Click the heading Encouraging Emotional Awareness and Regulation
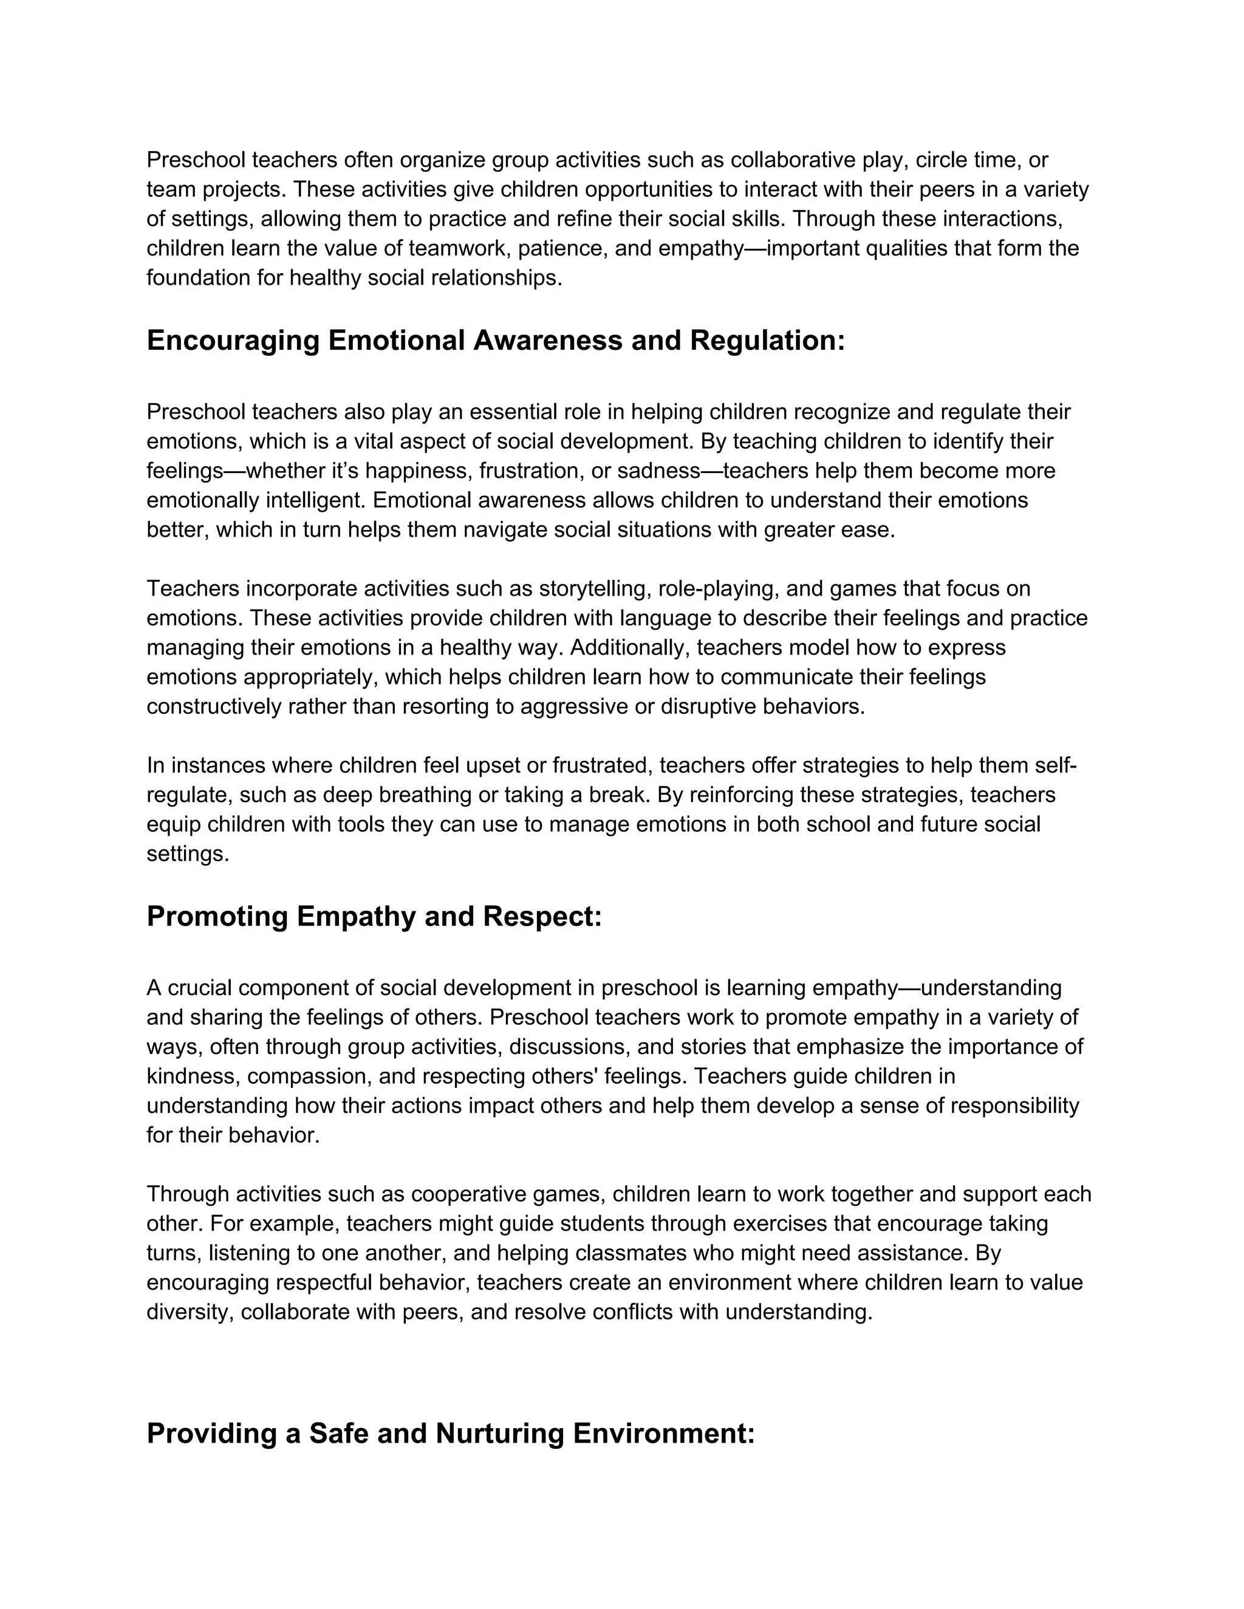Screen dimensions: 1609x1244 point(495,341)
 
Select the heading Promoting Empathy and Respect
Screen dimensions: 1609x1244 point(374,916)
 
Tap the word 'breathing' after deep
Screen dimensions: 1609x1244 point(424,795)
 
